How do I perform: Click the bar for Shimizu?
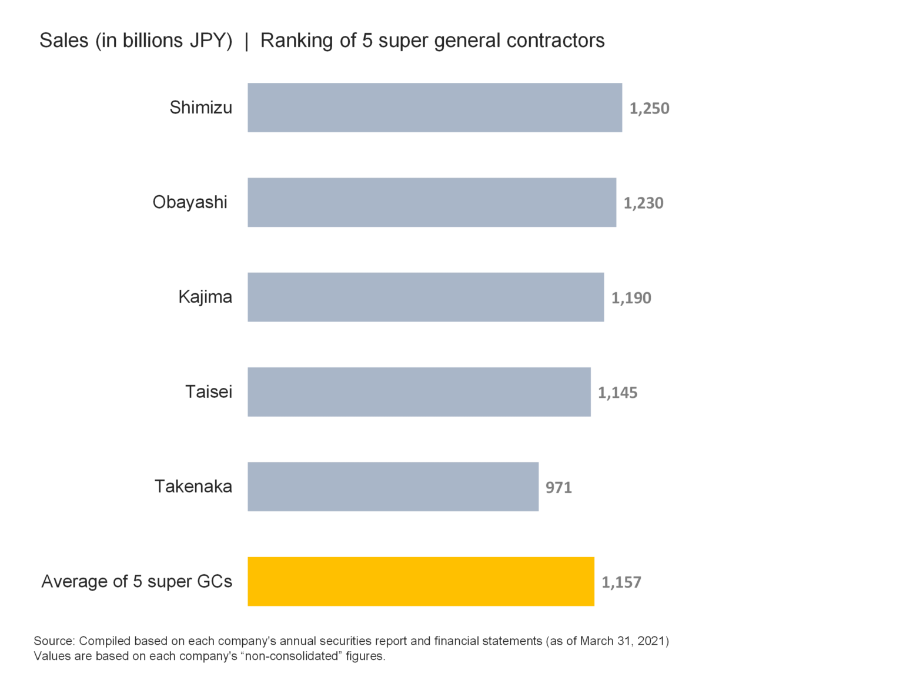[434, 108]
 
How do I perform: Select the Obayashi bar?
[432, 202]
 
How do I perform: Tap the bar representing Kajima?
[426, 297]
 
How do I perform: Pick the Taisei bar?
[419, 392]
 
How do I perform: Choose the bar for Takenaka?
[393, 487]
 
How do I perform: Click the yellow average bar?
[420, 581]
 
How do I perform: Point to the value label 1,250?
[649, 108]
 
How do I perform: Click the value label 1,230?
[643, 203]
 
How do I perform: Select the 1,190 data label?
[631, 298]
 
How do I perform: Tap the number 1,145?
[617, 393]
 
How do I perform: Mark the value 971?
[558, 488]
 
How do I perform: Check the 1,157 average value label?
[621, 582]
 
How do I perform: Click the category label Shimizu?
[200, 108]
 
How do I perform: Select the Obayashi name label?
[189, 202]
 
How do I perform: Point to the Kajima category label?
[205, 297]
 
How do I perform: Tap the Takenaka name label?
[193, 487]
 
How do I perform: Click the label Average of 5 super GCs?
[136, 581]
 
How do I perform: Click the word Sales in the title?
[63, 41]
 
